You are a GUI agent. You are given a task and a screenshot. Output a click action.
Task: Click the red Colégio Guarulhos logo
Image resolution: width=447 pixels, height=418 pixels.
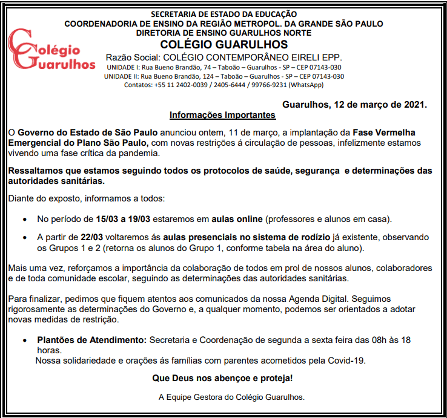(x=51, y=50)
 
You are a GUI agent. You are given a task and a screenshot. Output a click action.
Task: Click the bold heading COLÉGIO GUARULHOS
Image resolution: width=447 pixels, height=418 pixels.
(x=224, y=45)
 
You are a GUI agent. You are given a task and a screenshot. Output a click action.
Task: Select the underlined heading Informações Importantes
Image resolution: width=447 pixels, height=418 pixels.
(x=222, y=115)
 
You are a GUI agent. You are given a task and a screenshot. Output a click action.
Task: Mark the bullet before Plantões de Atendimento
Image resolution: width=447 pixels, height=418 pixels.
(x=24, y=341)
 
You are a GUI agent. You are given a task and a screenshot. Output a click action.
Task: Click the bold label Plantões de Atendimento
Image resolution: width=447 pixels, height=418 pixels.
(x=92, y=340)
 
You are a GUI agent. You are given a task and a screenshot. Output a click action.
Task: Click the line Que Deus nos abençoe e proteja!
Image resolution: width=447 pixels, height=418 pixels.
(x=223, y=379)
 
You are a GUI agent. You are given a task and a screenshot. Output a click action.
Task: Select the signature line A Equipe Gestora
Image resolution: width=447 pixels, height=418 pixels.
(x=231, y=397)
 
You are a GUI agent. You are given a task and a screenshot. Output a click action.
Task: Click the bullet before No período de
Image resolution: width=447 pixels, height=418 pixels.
(x=24, y=218)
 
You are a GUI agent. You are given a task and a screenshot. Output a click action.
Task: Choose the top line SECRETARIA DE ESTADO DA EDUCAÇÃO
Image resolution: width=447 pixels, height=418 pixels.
(x=224, y=13)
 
